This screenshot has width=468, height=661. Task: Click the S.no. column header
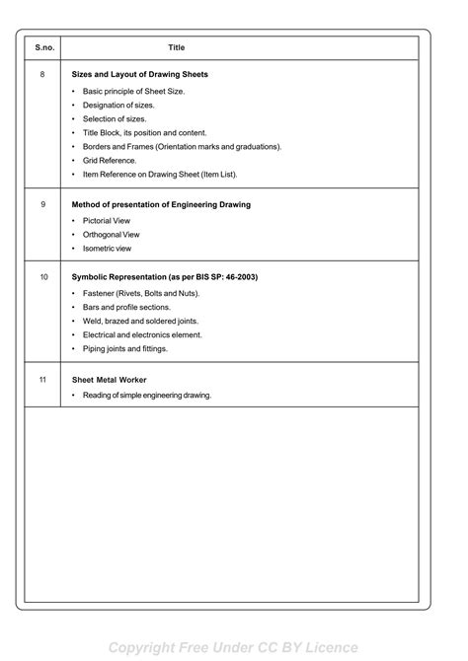pos(43,47)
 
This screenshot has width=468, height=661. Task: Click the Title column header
pos(177,47)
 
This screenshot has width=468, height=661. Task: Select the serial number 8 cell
pos(43,74)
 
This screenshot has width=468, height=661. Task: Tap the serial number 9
pos(43,204)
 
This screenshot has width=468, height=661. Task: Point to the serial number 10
pos(43,277)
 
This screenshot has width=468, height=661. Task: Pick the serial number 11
pos(43,378)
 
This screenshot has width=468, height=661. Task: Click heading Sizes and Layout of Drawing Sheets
pos(139,74)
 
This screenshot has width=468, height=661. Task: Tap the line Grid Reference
pos(110,160)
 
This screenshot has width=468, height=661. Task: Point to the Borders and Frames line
pos(182,146)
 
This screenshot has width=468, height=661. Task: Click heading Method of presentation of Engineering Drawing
pos(161,204)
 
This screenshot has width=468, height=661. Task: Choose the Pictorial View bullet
pos(106,221)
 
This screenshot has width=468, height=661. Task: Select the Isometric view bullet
pos(107,249)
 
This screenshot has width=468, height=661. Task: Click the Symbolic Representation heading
pos(164,277)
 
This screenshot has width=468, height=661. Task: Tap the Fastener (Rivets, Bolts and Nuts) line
pos(141,294)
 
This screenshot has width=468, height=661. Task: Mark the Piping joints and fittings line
pos(125,348)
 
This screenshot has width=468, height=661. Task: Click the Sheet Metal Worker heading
pos(109,379)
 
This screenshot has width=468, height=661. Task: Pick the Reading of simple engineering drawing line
pos(147,396)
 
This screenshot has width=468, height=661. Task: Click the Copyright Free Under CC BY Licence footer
pos(234,647)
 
